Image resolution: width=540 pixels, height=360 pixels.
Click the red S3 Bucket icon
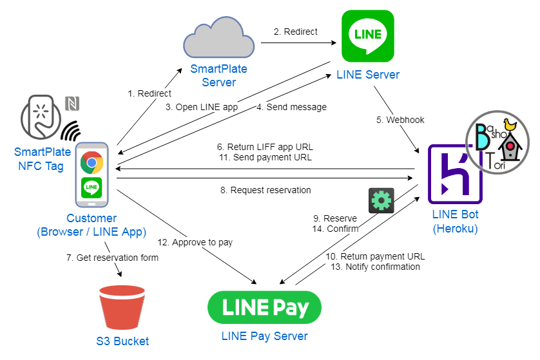click(122, 307)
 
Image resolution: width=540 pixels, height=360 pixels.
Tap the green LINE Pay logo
click(264, 307)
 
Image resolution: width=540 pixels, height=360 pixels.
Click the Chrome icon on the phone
click(93, 162)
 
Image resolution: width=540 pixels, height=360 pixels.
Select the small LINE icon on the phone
click(93, 188)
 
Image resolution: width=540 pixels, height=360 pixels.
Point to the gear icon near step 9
click(381, 200)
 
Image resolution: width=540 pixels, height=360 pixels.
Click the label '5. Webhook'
click(401, 120)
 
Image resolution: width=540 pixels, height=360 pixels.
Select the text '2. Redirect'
click(296, 32)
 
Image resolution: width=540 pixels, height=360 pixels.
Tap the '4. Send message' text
click(292, 106)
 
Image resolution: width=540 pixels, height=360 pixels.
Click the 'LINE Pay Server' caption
click(264, 336)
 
